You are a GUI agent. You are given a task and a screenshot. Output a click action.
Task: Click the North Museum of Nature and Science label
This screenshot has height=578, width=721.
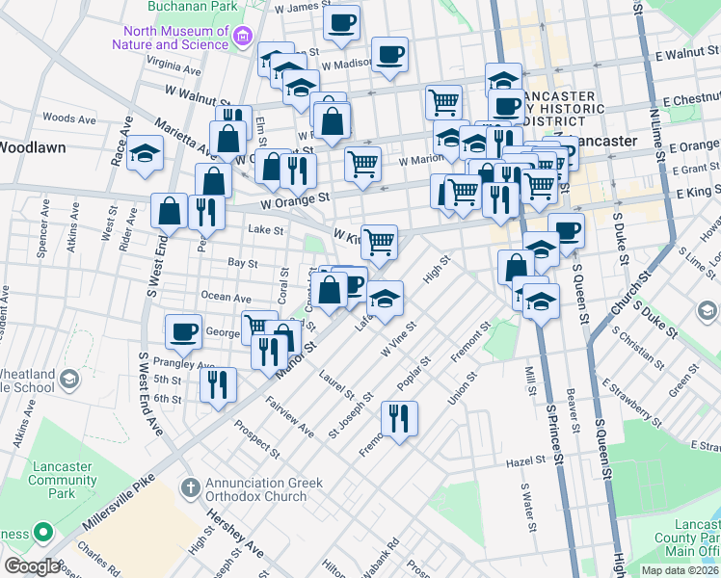tap(170, 37)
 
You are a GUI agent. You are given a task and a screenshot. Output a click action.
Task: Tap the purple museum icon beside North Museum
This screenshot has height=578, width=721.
tap(244, 38)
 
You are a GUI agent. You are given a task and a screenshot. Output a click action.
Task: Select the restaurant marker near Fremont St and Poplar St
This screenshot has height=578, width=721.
tap(397, 417)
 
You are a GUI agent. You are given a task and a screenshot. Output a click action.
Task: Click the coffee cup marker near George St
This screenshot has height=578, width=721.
tap(183, 331)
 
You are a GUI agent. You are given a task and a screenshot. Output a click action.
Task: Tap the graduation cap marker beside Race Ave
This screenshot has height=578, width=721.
tap(146, 154)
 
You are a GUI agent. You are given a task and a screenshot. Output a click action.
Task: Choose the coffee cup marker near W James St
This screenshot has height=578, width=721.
tap(340, 22)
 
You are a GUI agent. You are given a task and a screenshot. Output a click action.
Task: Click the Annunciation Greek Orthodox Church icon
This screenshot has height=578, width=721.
tap(190, 488)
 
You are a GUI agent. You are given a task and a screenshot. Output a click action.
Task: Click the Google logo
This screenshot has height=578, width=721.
tap(32, 566)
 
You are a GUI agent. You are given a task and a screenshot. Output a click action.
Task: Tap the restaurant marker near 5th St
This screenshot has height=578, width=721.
tap(219, 384)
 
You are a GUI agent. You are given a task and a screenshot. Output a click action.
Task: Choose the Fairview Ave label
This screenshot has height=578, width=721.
tap(290, 417)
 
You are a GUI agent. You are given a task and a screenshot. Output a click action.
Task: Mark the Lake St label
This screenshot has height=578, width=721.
tap(265, 230)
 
